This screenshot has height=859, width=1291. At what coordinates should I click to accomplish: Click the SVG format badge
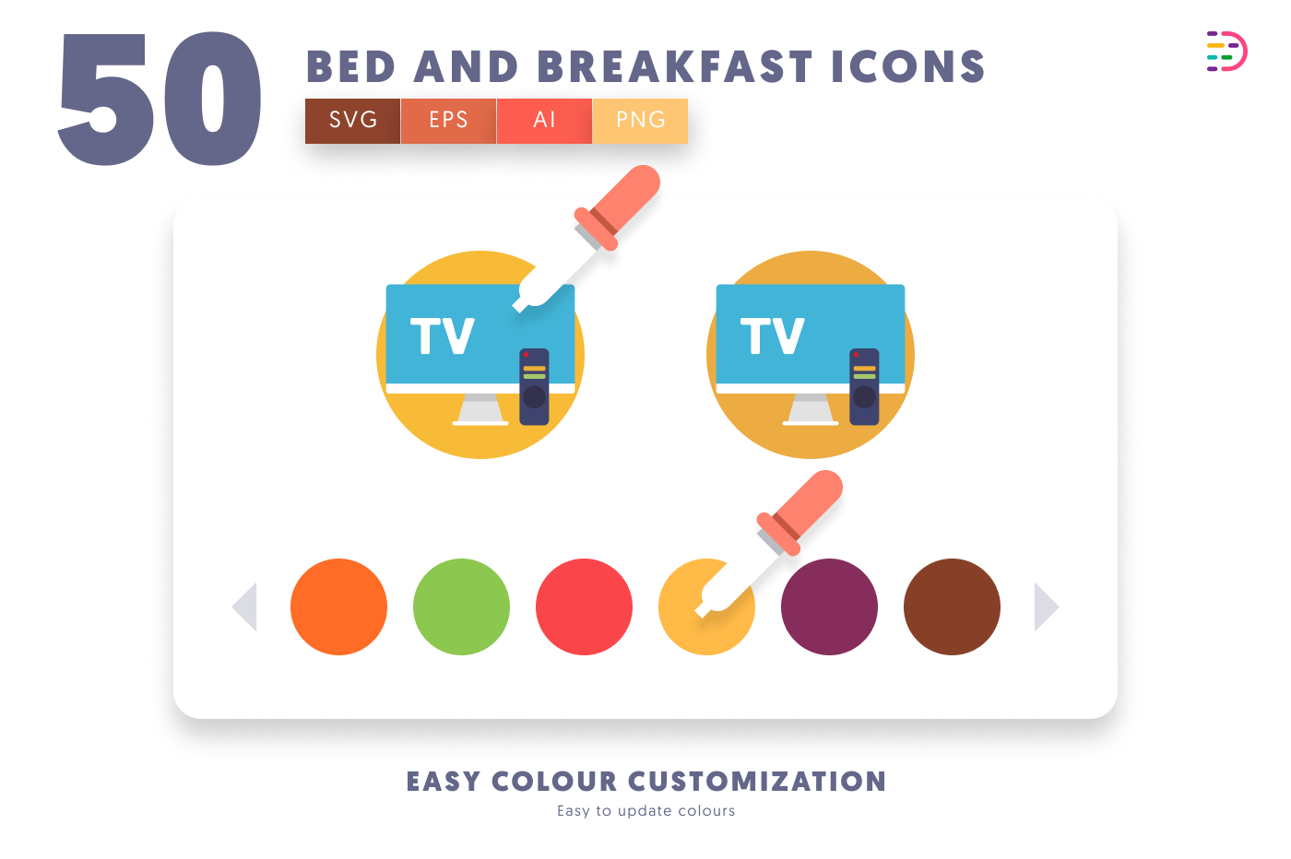click(352, 121)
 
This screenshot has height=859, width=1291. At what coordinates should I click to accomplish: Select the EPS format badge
click(448, 121)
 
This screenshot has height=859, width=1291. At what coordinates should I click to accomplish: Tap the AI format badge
click(544, 121)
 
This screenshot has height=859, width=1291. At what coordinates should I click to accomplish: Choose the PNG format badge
click(640, 121)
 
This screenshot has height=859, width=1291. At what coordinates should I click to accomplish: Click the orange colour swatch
click(339, 606)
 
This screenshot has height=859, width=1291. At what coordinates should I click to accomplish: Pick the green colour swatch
click(462, 606)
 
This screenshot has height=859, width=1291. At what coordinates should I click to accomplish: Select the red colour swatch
click(584, 606)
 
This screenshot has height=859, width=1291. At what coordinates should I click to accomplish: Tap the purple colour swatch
click(829, 606)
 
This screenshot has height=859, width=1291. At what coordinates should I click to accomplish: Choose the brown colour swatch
click(952, 606)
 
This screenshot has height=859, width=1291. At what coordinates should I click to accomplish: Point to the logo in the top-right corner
click(1226, 52)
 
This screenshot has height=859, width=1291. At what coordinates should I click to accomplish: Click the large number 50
click(160, 99)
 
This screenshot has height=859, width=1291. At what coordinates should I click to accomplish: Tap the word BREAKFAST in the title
click(675, 67)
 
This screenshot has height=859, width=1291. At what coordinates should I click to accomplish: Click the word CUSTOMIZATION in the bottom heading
click(757, 782)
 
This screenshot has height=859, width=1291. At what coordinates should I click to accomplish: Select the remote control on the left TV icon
click(534, 386)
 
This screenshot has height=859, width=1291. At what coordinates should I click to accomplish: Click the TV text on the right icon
click(773, 335)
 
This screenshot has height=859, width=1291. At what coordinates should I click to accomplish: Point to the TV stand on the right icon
click(811, 409)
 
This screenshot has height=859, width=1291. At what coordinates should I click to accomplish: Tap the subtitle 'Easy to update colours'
click(646, 811)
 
